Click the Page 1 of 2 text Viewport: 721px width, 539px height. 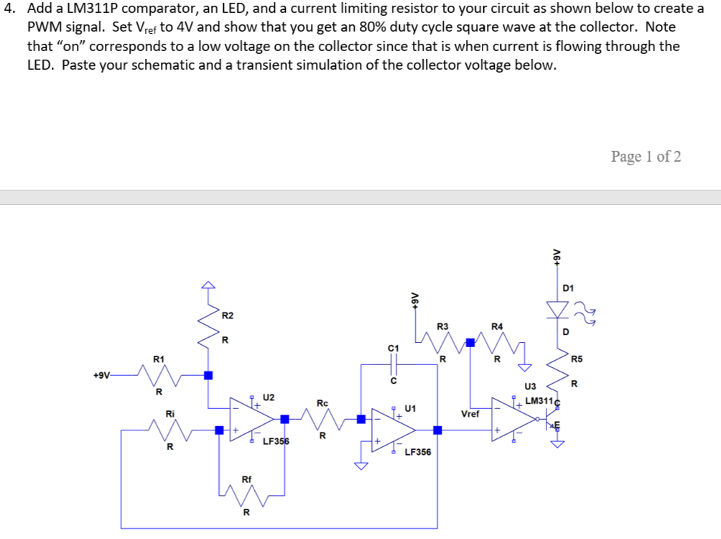click(646, 157)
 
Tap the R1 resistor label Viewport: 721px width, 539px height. click(159, 358)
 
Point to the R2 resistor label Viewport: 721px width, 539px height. click(227, 315)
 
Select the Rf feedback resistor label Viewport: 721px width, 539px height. click(246, 479)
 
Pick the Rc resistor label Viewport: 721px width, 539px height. click(322, 403)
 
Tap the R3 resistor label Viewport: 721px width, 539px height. click(442, 326)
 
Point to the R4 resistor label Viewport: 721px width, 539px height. click(497, 326)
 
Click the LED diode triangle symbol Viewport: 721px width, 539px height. click(556, 308)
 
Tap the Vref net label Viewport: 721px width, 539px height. click(470, 414)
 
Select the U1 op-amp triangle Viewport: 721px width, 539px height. click(392, 430)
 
